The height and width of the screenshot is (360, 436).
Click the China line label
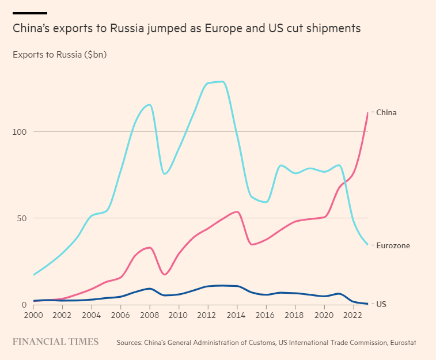(386, 113)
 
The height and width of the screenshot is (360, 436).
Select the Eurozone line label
(393, 246)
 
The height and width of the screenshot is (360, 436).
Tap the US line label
(381, 304)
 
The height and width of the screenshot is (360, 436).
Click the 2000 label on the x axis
(34, 315)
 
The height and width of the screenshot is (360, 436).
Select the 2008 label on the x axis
(150, 315)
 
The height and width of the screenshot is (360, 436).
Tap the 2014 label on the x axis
(237, 315)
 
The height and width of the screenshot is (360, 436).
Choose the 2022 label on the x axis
(354, 315)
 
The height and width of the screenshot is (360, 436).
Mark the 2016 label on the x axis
(266, 315)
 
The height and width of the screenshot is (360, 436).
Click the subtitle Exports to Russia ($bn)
(59, 55)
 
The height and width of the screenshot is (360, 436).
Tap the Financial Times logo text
(56, 342)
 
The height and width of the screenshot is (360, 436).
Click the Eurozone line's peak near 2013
(221, 81)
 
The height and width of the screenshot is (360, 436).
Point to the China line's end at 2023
(367, 113)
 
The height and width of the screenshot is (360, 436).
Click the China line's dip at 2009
(165, 274)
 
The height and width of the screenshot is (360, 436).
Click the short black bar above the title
(30, 13)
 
